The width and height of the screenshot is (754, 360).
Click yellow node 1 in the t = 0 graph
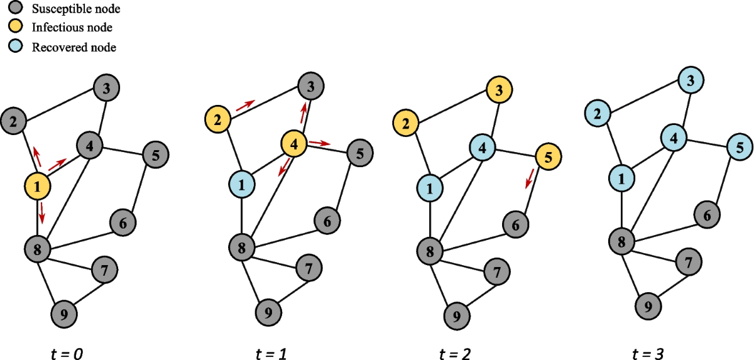tap(38, 186)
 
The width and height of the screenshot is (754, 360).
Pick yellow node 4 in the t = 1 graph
tap(294, 143)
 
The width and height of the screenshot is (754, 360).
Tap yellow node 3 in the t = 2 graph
tap(499, 90)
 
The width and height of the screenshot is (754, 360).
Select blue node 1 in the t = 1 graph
tap(243, 183)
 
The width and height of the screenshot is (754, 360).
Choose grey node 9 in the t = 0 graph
tap(64, 312)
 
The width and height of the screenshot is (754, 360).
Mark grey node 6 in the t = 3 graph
tap(708, 215)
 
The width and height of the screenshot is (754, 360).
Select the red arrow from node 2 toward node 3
tap(245, 104)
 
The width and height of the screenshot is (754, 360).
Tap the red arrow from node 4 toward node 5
tap(319, 143)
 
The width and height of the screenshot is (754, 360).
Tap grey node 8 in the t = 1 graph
tap(243, 246)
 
